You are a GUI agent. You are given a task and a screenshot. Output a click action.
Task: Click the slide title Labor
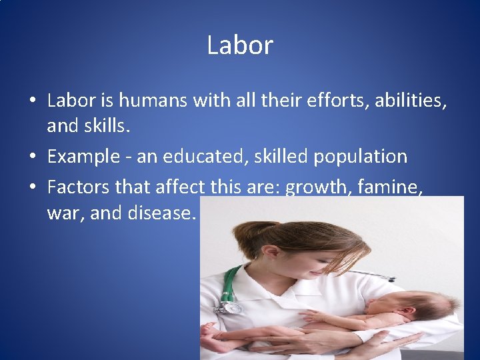(240, 45)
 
